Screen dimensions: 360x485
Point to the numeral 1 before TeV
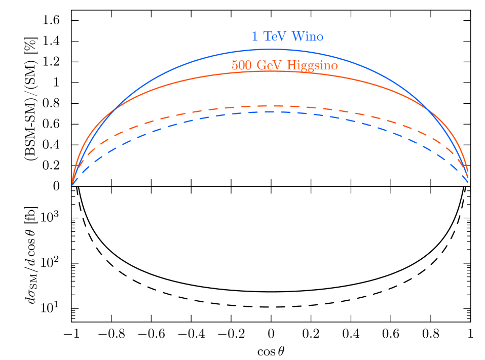pos(255,36)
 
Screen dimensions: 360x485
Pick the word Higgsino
pos(312,66)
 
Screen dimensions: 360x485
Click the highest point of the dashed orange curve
pos(264,106)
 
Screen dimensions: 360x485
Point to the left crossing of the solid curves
pos(116,107)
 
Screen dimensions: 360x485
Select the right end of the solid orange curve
pos(467,171)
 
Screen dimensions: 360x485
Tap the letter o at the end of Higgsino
pos(334,66)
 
